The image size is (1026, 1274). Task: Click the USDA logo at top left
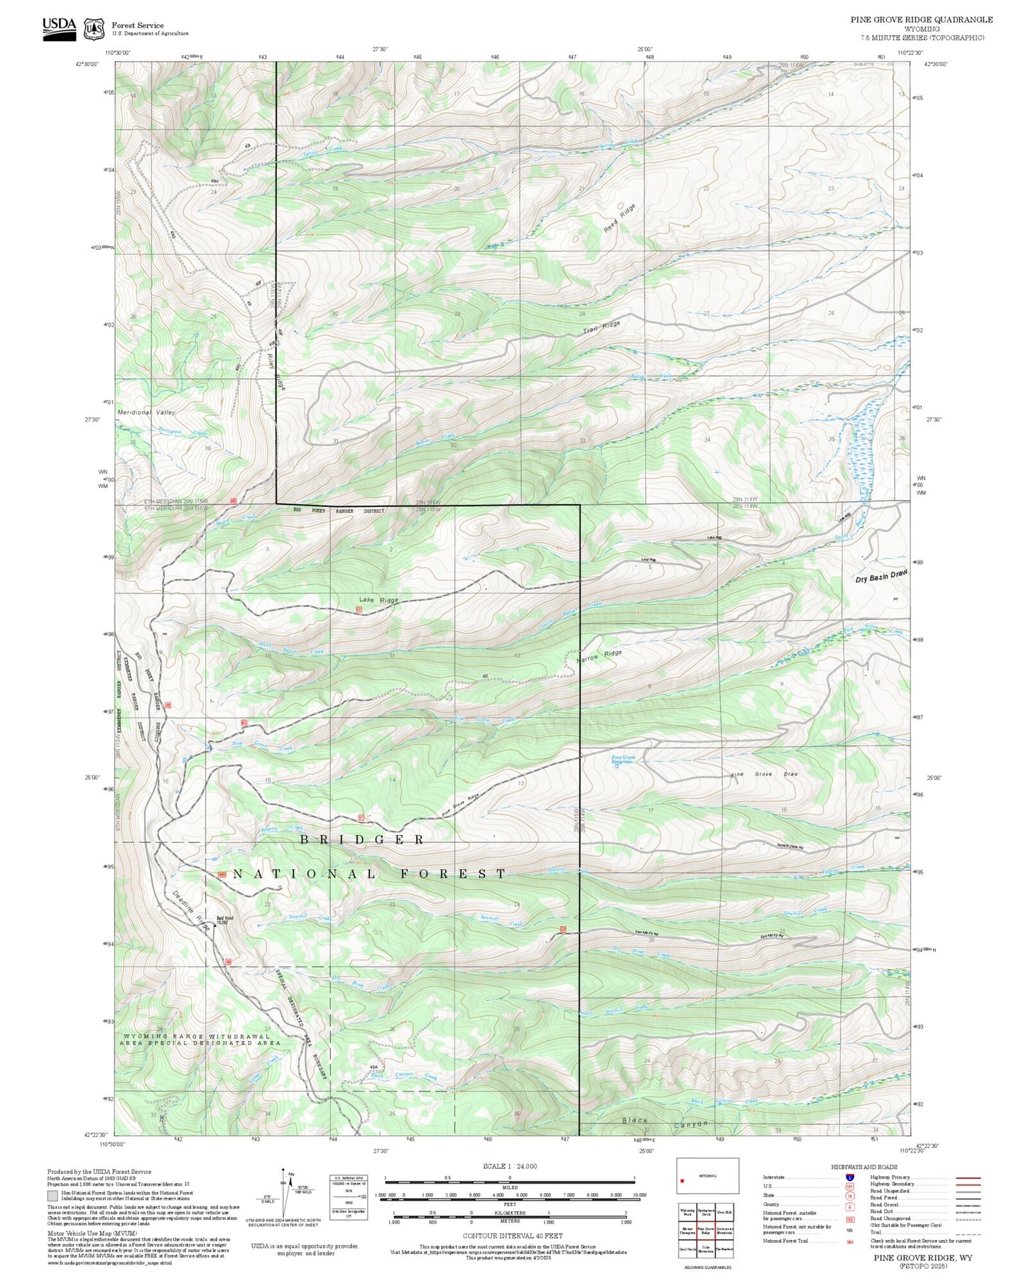[59, 28]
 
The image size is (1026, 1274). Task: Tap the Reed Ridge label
[620, 219]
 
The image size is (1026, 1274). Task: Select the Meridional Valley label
[146, 412]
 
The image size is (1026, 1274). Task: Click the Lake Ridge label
[378, 600]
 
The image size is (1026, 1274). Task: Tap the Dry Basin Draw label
[881, 576]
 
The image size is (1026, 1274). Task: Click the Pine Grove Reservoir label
[623, 761]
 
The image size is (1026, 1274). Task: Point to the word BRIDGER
[361, 840]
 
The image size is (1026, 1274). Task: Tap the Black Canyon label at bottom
[665, 1122]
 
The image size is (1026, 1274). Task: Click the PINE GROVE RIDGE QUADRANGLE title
[922, 20]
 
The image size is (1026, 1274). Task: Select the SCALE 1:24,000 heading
[509, 1166]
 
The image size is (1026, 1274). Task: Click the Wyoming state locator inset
[706, 1176]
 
